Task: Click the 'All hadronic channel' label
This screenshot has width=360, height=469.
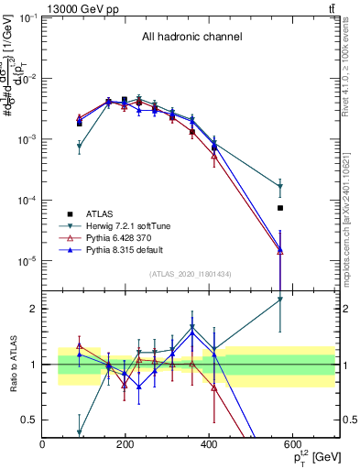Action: pyautogui.click(x=191, y=38)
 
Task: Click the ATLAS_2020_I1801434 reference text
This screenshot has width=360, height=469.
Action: pyautogui.click(x=190, y=274)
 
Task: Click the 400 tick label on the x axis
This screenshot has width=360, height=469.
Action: pyautogui.click(x=209, y=444)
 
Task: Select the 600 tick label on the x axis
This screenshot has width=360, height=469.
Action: pyautogui.click(x=292, y=444)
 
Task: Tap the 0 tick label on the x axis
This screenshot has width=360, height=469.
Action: pyautogui.click(x=42, y=444)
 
